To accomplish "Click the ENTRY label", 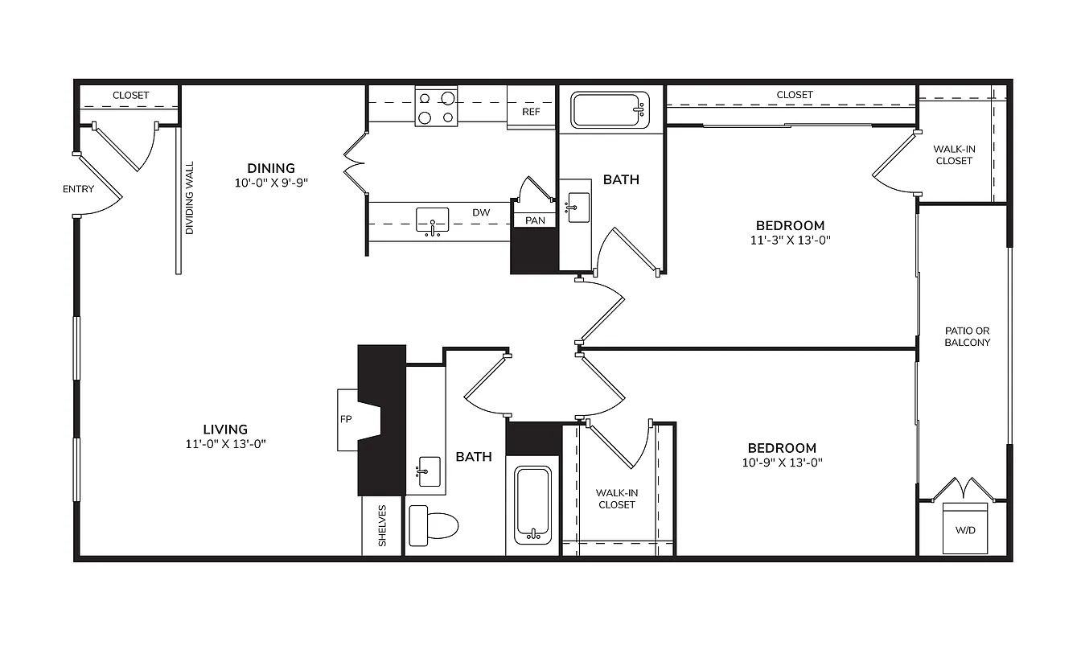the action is (78, 189).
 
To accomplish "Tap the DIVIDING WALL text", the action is (189, 198).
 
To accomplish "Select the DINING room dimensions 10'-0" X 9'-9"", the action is (271, 183).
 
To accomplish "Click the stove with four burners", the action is (436, 107).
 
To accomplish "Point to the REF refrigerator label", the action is (531, 112).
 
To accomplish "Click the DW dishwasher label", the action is (481, 212).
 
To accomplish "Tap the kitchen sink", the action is (433, 220).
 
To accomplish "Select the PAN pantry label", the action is (535, 220).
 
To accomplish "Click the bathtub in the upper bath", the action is (610, 110).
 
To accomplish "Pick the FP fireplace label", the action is (346, 419).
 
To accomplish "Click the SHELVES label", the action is (383, 526).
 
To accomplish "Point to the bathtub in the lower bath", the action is (532, 505).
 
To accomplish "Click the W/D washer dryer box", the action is (965, 528).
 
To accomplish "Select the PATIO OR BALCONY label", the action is (967, 336).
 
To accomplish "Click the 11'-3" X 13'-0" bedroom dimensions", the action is (790, 241).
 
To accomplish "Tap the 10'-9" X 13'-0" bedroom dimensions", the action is (782, 463).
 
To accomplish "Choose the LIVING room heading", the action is (225, 430).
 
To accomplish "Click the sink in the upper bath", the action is (578, 208).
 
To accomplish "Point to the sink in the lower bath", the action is (429, 471).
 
